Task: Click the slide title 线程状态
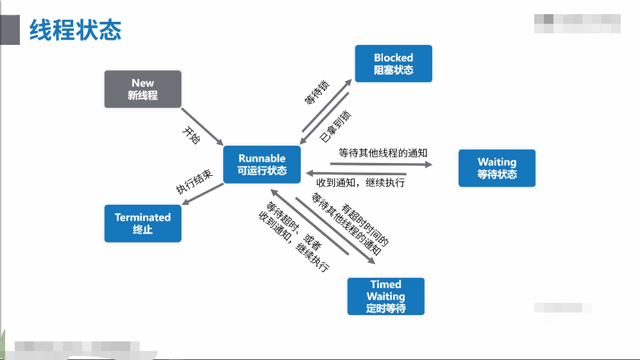click(x=76, y=30)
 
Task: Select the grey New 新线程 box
click(x=143, y=89)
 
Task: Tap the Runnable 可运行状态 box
click(x=262, y=164)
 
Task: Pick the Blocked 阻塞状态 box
click(x=393, y=64)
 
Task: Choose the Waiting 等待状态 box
click(x=497, y=168)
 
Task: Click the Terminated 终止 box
click(x=143, y=223)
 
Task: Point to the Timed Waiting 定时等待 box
click(x=385, y=296)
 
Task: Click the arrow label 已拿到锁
click(x=336, y=126)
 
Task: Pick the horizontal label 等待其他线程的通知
click(x=383, y=153)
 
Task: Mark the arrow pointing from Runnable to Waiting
click(x=382, y=164)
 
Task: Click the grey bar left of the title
click(x=10, y=30)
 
